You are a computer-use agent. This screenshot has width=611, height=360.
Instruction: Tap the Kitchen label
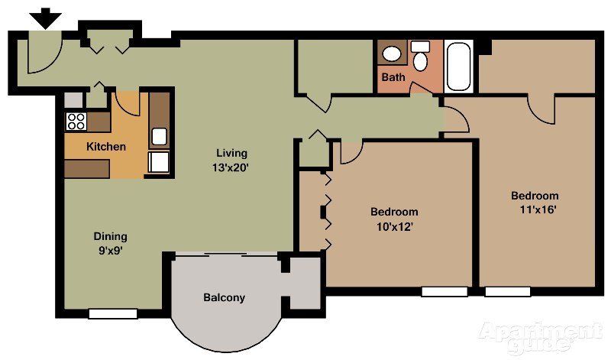106,147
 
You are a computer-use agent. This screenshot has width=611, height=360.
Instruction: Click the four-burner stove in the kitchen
76,121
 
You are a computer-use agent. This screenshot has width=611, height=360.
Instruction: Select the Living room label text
231,152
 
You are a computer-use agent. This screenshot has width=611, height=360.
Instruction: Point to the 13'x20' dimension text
231,166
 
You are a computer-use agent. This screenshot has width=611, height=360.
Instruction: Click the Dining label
111,236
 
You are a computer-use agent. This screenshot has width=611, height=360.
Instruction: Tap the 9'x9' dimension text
111,249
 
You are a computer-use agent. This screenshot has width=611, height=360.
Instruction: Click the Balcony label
224,297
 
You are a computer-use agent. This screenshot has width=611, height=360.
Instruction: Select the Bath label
393,77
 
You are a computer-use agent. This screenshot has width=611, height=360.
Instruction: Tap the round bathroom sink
393,54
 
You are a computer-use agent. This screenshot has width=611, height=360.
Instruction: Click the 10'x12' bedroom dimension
394,225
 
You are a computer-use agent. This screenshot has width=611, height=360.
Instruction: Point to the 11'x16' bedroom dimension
534,209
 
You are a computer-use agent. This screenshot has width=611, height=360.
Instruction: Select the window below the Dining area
112,313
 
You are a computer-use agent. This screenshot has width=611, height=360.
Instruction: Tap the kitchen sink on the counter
159,137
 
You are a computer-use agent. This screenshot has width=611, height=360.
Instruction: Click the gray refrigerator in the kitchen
73,99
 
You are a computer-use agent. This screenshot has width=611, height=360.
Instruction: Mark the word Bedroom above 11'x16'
535,196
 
